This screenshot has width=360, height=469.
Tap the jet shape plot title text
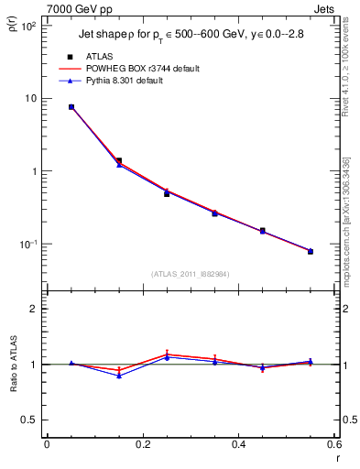[x=191, y=35]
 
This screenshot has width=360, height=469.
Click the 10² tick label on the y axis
[x=27, y=26]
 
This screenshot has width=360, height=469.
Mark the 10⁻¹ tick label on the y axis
[x=27, y=245]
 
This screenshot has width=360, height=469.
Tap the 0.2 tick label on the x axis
[x=142, y=444]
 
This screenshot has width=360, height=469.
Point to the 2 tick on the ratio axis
[x=32, y=309]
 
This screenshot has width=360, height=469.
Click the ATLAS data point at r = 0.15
[x=119, y=160]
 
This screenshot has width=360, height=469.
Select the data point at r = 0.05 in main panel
[x=71, y=107]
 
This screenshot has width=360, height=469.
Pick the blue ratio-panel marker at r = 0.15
[x=119, y=376]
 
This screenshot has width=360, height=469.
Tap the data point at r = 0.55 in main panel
[x=311, y=251]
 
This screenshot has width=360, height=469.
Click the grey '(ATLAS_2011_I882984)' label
[x=191, y=274]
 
